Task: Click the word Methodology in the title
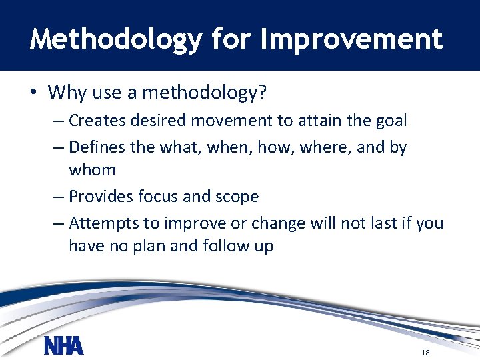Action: pyautogui.click(x=115, y=39)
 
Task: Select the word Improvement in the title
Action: pyautogui.click(x=351, y=39)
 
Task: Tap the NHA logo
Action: pyautogui.click(x=64, y=345)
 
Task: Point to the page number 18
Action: pyautogui.click(x=425, y=352)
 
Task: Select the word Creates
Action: pyautogui.click(x=98, y=121)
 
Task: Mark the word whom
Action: pyautogui.click(x=92, y=170)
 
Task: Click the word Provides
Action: pyautogui.click(x=101, y=197)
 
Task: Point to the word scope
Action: pyautogui.click(x=236, y=197)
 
